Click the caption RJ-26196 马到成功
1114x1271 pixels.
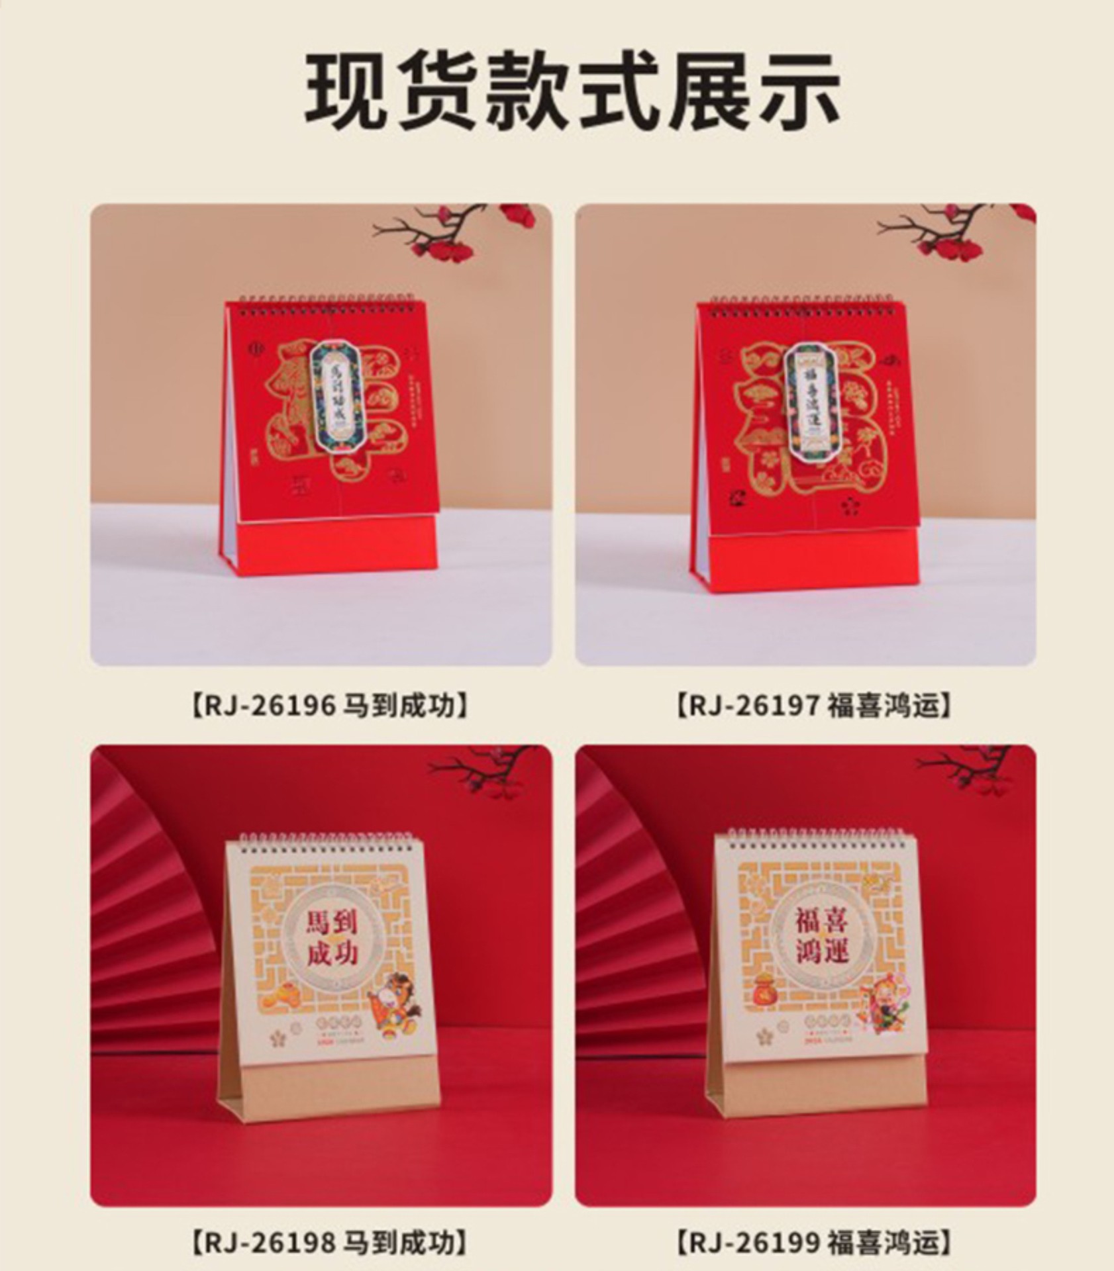329,706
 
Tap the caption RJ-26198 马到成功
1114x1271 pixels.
329,1243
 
